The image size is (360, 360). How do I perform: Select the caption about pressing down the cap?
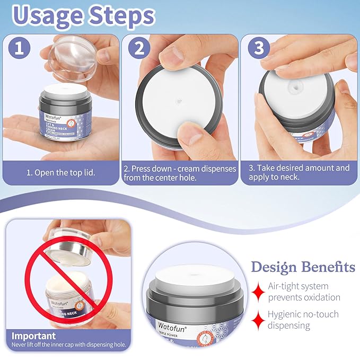click(x=180, y=173)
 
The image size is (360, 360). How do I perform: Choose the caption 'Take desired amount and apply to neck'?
click(x=299, y=173)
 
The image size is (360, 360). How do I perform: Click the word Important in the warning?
click(x=33, y=336)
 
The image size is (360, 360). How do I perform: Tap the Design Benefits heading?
click(x=303, y=266)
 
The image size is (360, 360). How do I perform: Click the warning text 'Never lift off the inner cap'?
click(x=69, y=345)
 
